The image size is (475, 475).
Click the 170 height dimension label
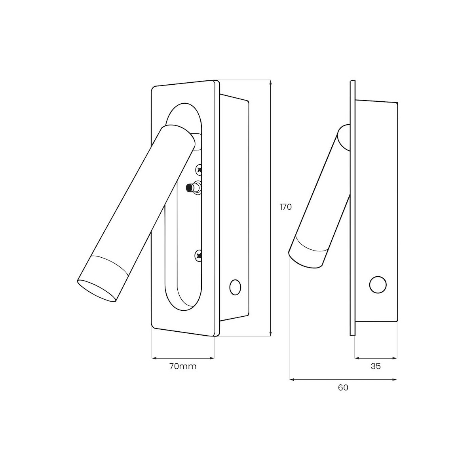click(286, 207)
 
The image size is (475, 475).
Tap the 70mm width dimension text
click(183, 367)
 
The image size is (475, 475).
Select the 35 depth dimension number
click(376, 367)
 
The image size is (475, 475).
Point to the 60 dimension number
click(343, 388)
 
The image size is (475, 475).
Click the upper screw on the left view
click(199, 169)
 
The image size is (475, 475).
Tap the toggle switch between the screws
click(194, 188)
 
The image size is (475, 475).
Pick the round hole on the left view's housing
click(235, 287)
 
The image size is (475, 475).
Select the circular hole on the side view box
click(378, 285)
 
